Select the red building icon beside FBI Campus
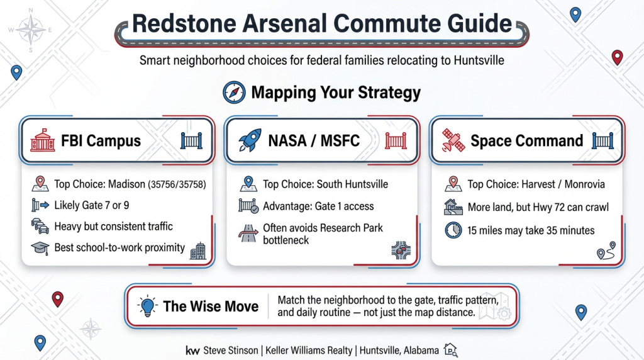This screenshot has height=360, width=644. (42, 140)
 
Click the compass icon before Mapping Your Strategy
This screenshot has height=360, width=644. (233, 93)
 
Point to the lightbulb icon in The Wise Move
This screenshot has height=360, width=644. (147, 306)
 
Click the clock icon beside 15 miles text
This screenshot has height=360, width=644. (452, 230)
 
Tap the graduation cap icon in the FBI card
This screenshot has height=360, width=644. (39, 247)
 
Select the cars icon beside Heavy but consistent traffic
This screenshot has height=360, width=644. (39, 227)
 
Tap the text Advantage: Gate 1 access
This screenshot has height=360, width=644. (318, 206)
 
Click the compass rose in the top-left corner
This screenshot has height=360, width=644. (30, 30)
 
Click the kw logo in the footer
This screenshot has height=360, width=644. (192, 350)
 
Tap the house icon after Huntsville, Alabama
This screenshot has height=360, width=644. (450, 349)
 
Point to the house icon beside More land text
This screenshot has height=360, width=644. (452, 207)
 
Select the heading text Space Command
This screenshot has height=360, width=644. (527, 140)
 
